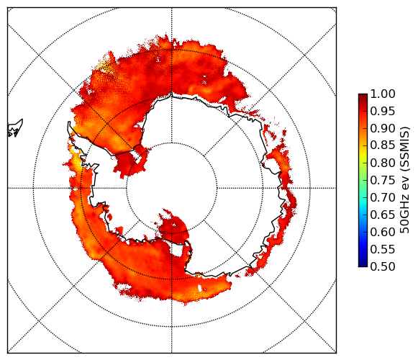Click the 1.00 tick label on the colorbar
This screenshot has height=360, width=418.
click(383, 94)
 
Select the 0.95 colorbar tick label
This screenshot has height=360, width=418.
click(383, 112)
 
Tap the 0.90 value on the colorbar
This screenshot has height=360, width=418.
click(383, 128)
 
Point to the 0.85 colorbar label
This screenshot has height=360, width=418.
click(383, 145)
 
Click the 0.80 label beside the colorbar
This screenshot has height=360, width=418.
click(383, 163)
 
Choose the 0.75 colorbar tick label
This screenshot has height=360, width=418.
click(383, 180)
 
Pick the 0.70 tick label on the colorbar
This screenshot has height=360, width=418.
click(383, 197)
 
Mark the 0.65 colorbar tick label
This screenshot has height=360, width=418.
click(383, 215)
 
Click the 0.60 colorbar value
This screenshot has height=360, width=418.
click(383, 232)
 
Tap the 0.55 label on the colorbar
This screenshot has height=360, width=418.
click(383, 249)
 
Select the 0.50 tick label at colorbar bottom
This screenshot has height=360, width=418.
click(383, 266)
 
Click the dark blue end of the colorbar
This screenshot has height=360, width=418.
click(363, 263)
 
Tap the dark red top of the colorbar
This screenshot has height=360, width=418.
click(363, 97)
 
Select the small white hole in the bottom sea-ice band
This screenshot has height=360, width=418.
click(200, 288)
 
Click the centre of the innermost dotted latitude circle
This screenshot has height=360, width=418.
click(171, 188)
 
